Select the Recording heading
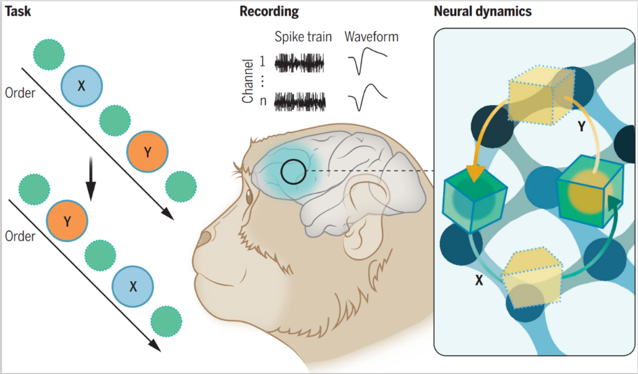(269, 11)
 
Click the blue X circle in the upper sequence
(82, 86)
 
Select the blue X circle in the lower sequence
(133, 287)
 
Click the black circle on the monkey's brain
(293, 171)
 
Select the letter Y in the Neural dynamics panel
(581, 127)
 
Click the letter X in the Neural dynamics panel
(478, 281)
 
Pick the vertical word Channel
(247, 81)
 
